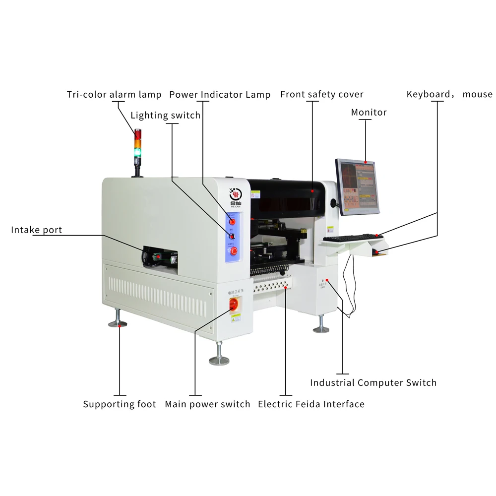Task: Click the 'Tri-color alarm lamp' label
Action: click(x=114, y=94)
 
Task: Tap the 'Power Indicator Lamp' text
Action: click(x=220, y=94)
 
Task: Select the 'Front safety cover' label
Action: click(x=322, y=94)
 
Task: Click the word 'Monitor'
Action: click(x=369, y=112)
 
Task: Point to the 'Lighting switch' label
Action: click(x=165, y=116)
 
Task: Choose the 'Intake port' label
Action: click(x=37, y=230)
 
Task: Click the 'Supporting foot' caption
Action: click(x=120, y=404)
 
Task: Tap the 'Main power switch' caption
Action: click(x=207, y=404)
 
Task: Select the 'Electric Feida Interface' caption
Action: click(x=311, y=404)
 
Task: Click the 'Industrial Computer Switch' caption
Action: click(x=373, y=382)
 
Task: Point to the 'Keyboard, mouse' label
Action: click(x=449, y=94)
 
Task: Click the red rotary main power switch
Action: click(x=232, y=304)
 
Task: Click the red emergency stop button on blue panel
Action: click(x=234, y=250)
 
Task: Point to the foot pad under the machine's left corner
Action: click(x=118, y=323)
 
